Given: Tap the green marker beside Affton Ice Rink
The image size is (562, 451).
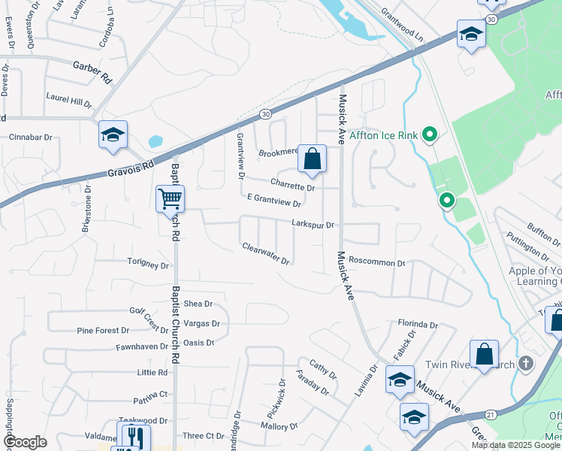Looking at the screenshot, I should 430,135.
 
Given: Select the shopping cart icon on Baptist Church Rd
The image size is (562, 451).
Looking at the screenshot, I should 170,199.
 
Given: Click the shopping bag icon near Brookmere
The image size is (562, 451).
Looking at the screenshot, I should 313,159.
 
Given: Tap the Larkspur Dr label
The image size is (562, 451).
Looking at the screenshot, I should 313,225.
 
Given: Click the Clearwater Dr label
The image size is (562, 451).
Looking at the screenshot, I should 266,253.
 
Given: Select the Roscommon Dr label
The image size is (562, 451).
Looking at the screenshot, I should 377,264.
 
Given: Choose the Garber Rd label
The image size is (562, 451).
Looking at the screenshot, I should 92,72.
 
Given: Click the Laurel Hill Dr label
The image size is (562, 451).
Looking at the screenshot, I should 68,98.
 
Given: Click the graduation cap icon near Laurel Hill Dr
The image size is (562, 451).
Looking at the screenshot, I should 113,135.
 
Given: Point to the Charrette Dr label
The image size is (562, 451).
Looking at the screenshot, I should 292,186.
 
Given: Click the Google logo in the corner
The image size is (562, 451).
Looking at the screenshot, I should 24,442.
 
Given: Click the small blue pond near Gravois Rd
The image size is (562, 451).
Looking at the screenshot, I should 156,141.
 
